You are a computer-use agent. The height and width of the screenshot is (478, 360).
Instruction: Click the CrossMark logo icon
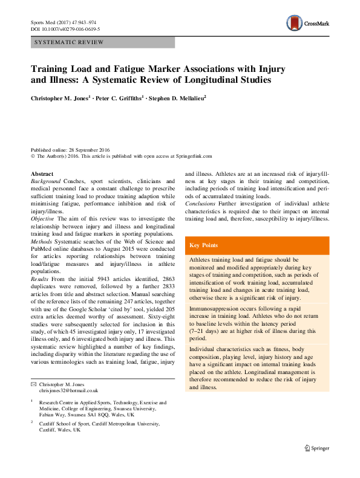pyautogui.click(x=295, y=24)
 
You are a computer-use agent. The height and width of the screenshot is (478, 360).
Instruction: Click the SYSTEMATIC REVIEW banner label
pyautogui.click(x=70, y=42)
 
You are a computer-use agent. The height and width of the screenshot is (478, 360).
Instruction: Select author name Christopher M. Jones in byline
pyautogui.click(x=60, y=97)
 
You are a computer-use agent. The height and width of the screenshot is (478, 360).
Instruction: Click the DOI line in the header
pyautogui.click(x=65, y=29)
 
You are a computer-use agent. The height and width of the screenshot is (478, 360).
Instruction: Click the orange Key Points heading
pyautogui.click(x=205, y=245)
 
